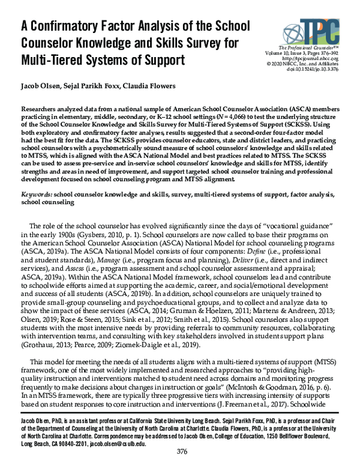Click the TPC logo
click(x=316, y=28)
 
